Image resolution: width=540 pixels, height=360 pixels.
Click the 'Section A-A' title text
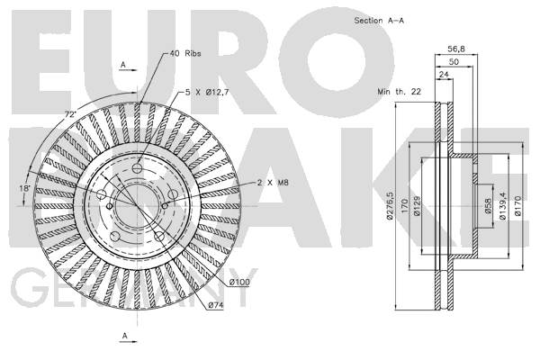(379, 21)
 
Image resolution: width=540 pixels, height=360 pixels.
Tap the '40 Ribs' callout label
(184, 53)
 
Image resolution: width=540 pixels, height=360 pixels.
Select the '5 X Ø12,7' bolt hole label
(207, 93)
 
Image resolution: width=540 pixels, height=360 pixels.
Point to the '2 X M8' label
(273, 183)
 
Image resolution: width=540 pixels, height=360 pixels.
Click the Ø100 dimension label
(239, 282)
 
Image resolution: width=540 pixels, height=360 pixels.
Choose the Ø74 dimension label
(216, 305)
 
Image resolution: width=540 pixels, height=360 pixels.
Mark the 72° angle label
(70, 114)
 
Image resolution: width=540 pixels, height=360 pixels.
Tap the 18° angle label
(24, 188)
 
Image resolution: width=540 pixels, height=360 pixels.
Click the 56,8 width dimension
(456, 49)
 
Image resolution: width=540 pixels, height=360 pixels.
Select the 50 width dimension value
(454, 62)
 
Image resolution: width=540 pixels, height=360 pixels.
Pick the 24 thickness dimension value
(445, 75)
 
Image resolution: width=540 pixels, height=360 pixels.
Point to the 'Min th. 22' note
(399, 92)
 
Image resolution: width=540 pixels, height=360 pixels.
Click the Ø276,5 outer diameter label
(390, 206)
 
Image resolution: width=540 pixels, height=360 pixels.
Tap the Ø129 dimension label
(417, 206)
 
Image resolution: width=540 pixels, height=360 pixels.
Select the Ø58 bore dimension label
(488, 206)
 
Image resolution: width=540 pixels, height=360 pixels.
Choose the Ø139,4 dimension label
(502, 206)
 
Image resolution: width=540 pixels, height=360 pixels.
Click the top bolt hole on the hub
(138, 169)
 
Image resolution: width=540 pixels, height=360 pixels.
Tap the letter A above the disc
(123, 65)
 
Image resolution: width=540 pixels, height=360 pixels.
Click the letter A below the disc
(125, 335)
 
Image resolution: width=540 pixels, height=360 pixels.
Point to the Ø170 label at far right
(518, 206)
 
